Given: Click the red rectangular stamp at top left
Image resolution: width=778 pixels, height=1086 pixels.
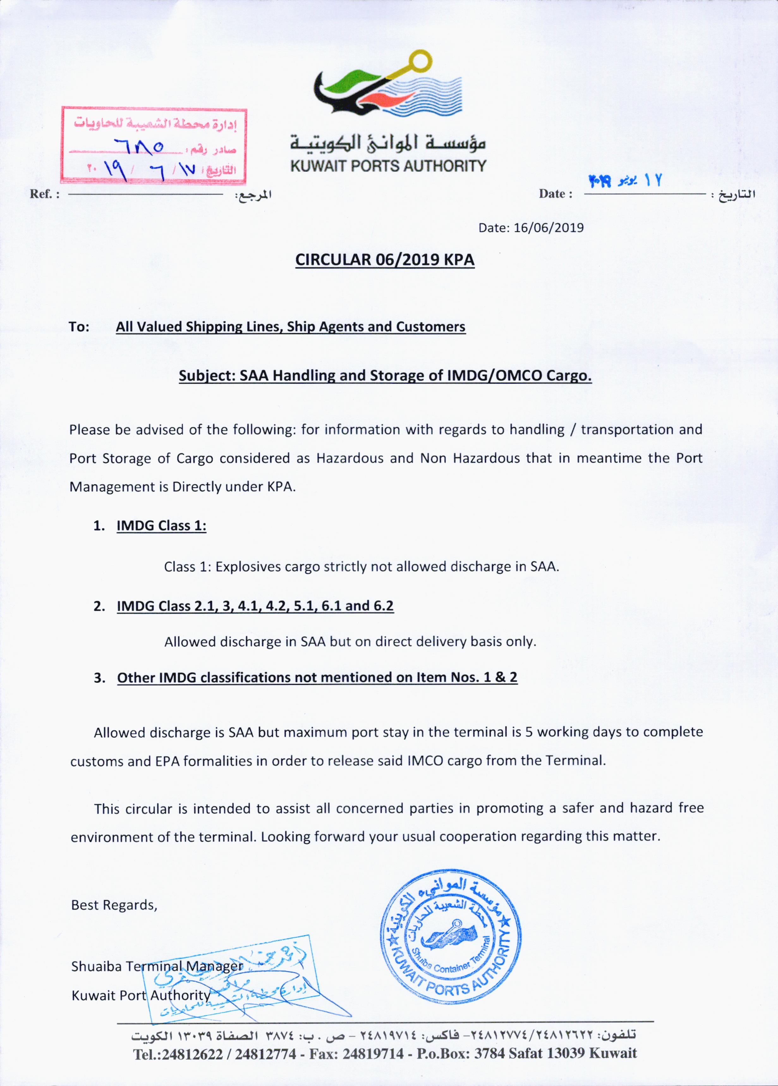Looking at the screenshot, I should pyautogui.click(x=153, y=146).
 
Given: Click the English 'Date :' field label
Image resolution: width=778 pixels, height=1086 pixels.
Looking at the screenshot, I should pyautogui.click(x=555, y=194).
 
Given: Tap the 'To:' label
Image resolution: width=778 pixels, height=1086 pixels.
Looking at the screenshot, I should pyautogui.click(x=79, y=327).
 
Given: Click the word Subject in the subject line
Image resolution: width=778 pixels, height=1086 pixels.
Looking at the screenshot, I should pyautogui.click(x=206, y=376).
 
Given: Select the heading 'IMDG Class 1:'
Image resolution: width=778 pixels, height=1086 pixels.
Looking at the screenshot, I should pyautogui.click(x=161, y=526).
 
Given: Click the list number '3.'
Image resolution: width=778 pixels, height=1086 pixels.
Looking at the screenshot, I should pyautogui.click(x=100, y=678).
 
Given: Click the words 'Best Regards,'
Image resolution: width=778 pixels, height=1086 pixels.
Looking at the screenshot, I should pyautogui.click(x=114, y=905).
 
